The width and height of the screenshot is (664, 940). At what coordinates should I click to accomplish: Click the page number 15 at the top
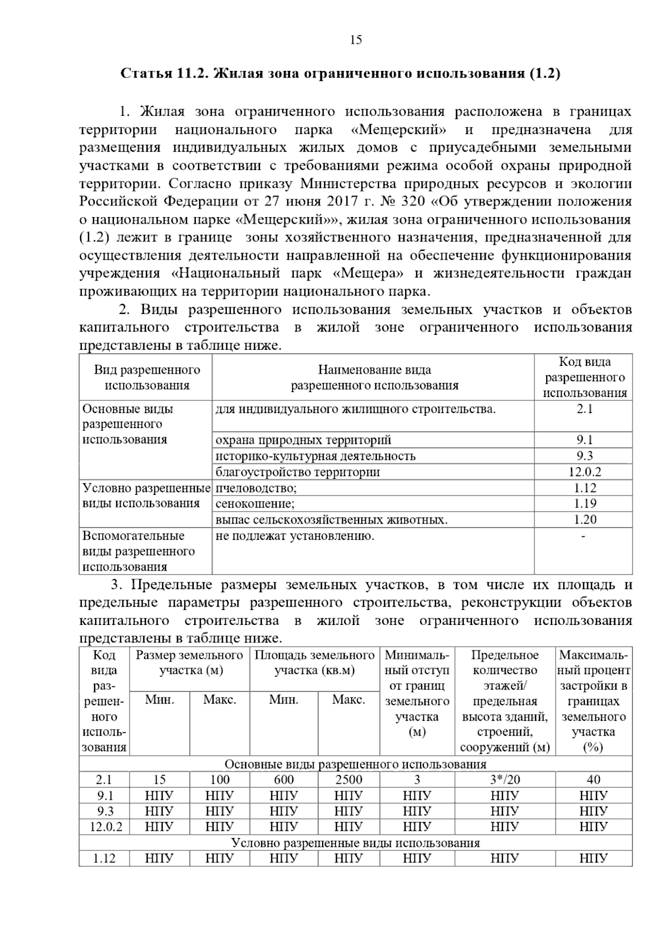[x=356, y=40]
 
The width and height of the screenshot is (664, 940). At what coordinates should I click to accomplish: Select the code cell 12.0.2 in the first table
[x=584, y=472]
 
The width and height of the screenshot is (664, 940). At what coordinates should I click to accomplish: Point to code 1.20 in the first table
[x=584, y=520]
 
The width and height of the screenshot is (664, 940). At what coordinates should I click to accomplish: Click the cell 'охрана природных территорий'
[x=303, y=440]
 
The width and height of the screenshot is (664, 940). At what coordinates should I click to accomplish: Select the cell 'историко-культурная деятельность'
[x=315, y=456]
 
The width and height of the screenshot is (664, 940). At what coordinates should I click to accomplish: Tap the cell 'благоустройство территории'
[x=297, y=472]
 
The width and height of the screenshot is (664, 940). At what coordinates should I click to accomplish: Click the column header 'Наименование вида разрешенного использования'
[x=374, y=378]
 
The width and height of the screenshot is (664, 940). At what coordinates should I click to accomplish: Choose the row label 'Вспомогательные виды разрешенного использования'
[x=138, y=551]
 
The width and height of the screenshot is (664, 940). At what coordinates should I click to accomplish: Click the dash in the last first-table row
[x=583, y=536]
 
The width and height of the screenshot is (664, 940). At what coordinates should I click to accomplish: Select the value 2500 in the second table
[x=349, y=780]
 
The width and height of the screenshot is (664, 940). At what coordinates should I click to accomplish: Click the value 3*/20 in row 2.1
[x=505, y=780]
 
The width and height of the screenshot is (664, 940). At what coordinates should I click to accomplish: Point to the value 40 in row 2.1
[x=593, y=780]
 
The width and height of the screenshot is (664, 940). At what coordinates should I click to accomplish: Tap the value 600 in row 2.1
[x=283, y=780]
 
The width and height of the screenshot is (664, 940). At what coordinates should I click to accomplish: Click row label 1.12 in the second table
[x=103, y=859]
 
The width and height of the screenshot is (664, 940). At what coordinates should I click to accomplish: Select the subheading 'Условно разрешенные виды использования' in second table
[x=355, y=843]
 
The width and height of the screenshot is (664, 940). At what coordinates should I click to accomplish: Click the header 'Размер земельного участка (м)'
[x=189, y=663]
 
